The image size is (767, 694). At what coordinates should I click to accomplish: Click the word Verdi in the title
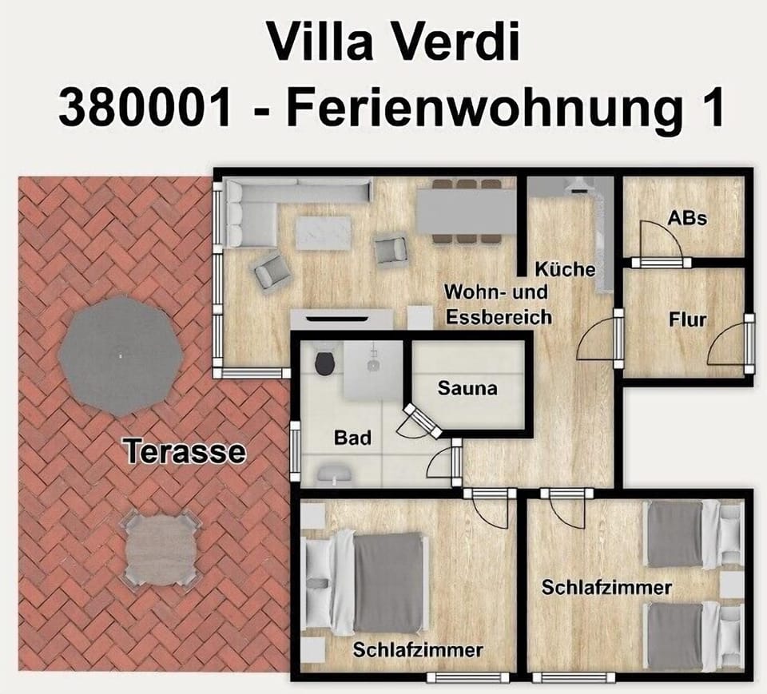pos(451,41)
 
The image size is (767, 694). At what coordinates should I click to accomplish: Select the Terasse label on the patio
pos(185,453)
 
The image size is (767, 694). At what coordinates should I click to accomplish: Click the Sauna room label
pos(467,389)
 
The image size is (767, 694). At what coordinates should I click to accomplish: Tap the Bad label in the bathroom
pos(352,438)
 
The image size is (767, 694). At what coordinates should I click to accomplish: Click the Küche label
pos(565,268)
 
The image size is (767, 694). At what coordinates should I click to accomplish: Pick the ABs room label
pos(687,216)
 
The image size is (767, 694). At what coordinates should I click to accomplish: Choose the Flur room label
pos(687,320)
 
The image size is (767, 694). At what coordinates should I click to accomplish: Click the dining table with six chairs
pos(467,210)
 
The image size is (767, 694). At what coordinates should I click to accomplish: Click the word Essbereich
pos(499,317)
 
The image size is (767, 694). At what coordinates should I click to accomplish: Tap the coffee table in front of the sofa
pos(324,232)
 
